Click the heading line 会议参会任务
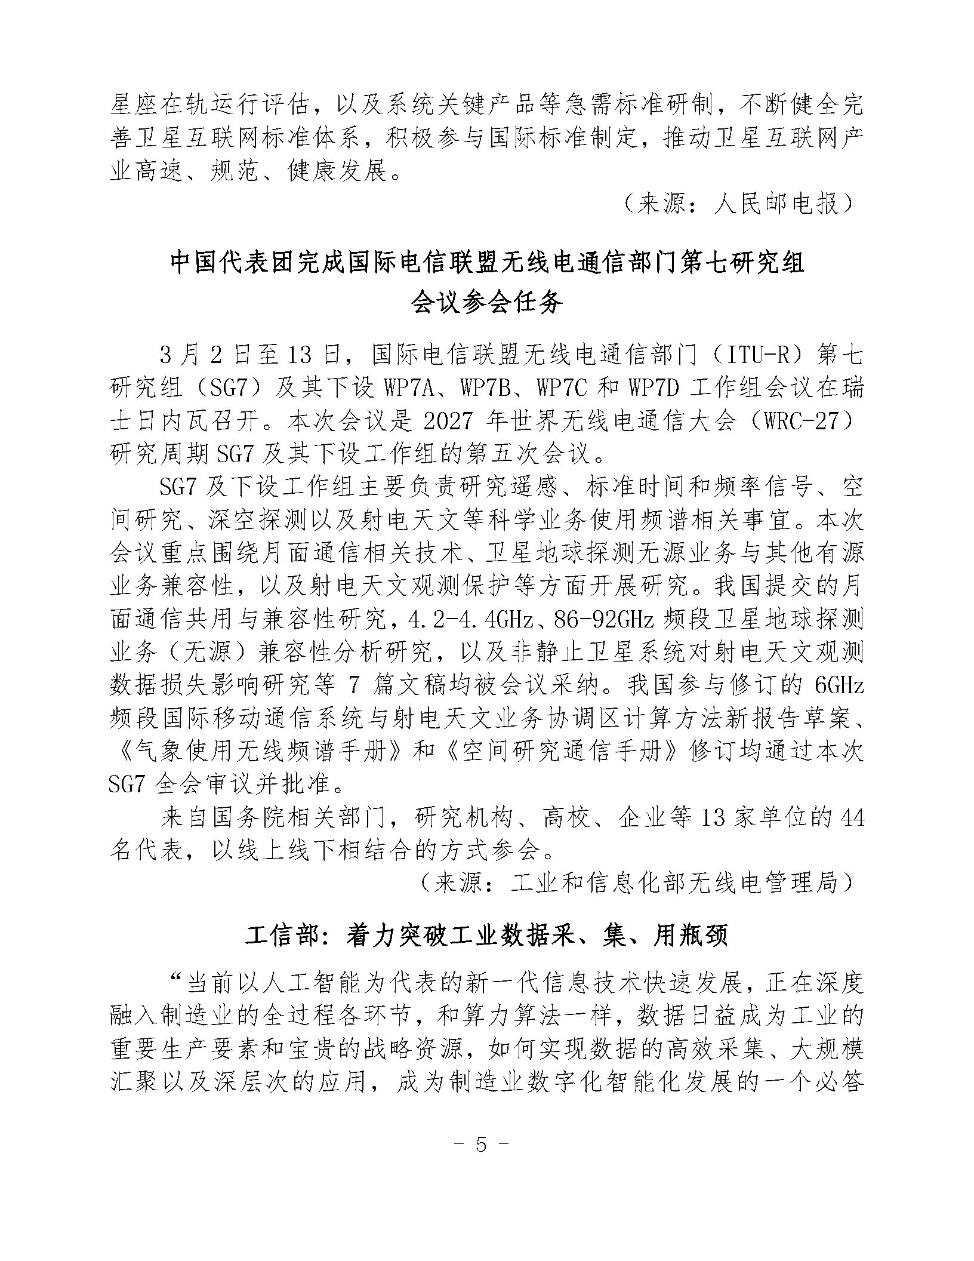coord(487,304)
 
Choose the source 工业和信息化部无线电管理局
coord(674,882)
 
